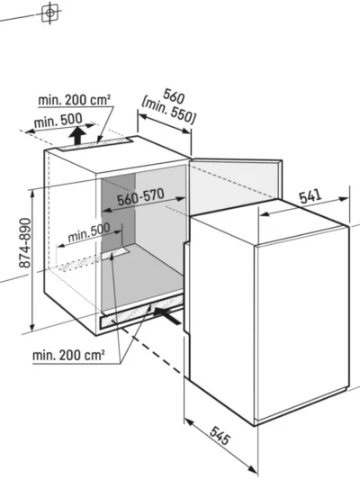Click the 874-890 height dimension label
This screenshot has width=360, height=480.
pyautogui.click(x=25, y=242)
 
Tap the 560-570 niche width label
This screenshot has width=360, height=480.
pyautogui.click(x=140, y=197)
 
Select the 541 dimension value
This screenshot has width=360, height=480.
pyautogui.click(x=310, y=196)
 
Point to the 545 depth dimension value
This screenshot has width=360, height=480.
pyautogui.click(x=220, y=436)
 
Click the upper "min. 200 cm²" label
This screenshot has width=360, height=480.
pyautogui.click(x=75, y=100)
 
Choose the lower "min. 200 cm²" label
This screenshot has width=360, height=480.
pyautogui.click(x=68, y=355)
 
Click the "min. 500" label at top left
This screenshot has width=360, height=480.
pyautogui.click(x=58, y=121)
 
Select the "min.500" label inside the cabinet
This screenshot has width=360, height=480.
pyautogui.click(x=89, y=232)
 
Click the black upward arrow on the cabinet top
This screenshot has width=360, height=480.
pyautogui.click(x=77, y=136)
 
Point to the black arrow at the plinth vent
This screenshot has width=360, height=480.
pyautogui.click(x=166, y=315)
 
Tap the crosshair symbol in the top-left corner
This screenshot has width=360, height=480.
pyautogui.click(x=49, y=13)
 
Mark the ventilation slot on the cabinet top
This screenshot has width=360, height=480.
pyautogui.click(x=95, y=143)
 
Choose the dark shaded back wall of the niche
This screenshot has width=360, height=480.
pyautogui.click(x=119, y=214)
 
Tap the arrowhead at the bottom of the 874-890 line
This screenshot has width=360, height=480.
pyautogui.click(x=31, y=327)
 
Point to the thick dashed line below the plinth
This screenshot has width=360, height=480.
pyautogui.click(x=152, y=351)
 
